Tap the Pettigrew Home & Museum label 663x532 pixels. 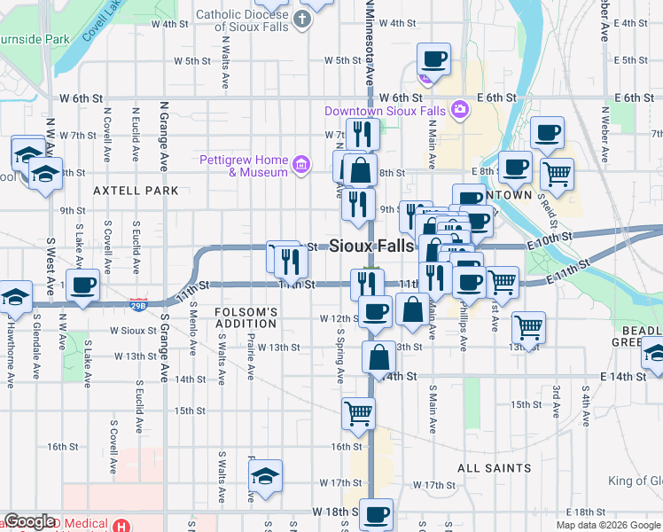tap(244, 166)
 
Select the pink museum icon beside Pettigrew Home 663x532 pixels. tap(301, 164)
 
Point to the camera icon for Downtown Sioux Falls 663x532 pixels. tap(459, 110)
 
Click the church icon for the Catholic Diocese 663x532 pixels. tap(303, 19)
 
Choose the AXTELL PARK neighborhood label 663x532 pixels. tap(134, 191)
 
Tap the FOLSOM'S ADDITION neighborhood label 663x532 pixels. tap(246, 317)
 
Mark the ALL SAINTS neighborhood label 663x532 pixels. tap(494, 467)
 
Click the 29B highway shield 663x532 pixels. tap(138, 304)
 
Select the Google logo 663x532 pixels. tap(29, 522)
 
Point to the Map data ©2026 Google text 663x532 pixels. tap(608, 525)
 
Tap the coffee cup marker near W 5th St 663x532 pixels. tap(433, 59)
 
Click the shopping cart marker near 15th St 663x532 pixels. tap(358, 413)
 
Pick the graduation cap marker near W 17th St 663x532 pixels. tap(265, 476)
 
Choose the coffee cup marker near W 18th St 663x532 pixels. tap(376, 515)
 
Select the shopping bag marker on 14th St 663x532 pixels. tap(378, 358)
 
